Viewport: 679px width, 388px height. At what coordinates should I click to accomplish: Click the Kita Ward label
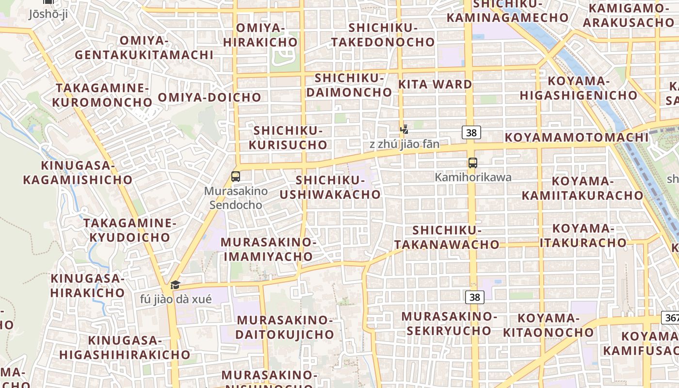[435, 84]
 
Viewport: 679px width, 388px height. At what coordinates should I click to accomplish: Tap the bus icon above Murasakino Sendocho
[236, 177]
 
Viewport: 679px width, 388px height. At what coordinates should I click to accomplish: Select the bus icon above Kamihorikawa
[473, 163]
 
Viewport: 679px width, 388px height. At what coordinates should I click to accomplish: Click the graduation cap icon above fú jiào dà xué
[175, 285]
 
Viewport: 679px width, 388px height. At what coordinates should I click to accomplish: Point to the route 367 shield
[671, 318]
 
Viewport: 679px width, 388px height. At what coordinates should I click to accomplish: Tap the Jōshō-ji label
[48, 14]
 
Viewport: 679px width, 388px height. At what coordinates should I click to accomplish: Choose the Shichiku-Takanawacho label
[447, 237]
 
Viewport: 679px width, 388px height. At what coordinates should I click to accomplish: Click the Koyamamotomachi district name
[577, 137]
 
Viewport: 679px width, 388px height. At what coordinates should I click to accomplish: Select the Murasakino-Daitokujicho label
[285, 327]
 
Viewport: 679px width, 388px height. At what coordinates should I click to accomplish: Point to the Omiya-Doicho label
[210, 97]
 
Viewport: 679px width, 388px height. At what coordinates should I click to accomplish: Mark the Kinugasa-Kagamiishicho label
[78, 173]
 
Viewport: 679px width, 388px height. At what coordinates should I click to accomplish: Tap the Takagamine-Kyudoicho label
[129, 230]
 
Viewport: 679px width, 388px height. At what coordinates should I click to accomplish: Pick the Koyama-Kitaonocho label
[548, 325]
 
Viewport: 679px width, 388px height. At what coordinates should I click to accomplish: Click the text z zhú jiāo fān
[404, 144]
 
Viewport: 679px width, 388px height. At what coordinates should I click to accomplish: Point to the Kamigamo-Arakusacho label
[629, 15]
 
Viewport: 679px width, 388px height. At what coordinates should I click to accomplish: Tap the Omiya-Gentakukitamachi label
[144, 48]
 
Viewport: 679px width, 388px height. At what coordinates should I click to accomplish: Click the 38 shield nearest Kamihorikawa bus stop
[471, 132]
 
